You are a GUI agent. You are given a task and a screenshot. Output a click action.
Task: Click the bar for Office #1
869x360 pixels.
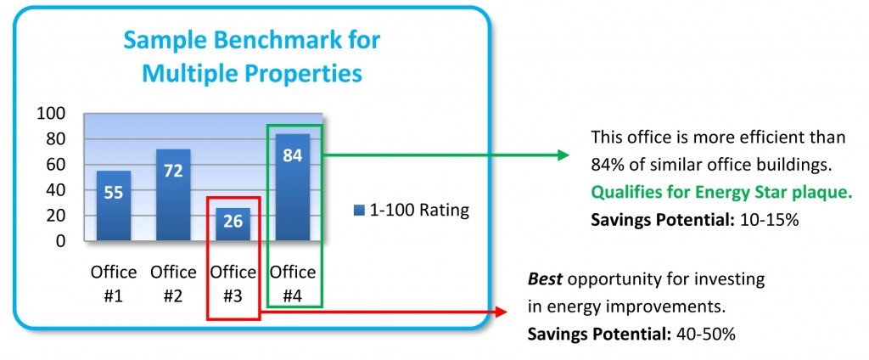pos(114,205)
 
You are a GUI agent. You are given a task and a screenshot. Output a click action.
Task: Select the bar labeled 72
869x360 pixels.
pos(173,194)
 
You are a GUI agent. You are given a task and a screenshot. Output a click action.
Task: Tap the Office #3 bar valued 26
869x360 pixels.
pos(233,224)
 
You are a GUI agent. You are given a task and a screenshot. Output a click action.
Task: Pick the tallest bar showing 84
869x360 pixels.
pos(292,187)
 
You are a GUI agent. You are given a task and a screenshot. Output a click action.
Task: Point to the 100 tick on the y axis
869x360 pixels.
pos(52,114)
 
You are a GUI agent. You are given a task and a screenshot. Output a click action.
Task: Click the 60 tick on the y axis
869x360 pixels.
pos(56,165)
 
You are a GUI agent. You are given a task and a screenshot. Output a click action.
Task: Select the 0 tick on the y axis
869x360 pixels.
pos(61,241)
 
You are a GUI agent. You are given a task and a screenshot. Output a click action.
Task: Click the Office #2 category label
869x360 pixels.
pos(173,284)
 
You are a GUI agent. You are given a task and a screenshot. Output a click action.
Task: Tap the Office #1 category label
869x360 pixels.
pos(113,284)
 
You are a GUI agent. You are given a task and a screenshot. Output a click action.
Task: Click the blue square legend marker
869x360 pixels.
pos(359,211)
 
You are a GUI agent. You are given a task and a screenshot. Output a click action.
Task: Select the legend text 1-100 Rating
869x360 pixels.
pos(419,211)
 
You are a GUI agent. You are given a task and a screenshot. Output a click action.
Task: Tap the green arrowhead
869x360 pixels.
pos(563,155)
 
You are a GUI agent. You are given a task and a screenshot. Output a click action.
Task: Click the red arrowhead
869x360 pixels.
pos(501,312)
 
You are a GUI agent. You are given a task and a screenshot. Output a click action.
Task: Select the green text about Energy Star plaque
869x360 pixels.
pos(721,193)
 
